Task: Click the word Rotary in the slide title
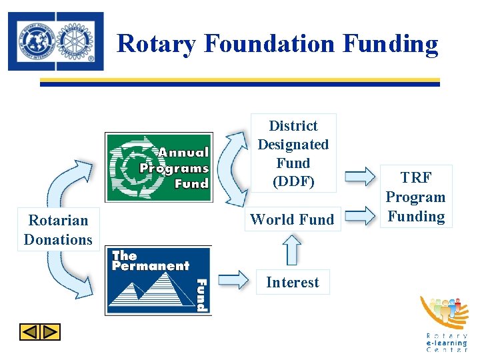click(x=157, y=44)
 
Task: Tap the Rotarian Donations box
click(x=58, y=229)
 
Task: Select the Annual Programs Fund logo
click(x=159, y=167)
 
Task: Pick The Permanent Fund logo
click(x=159, y=280)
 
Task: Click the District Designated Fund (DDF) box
click(x=293, y=153)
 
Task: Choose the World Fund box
click(x=293, y=219)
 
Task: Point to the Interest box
click(x=293, y=282)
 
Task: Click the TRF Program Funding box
click(x=415, y=197)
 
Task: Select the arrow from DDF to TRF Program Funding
click(x=361, y=177)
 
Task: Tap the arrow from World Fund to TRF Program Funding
click(x=361, y=215)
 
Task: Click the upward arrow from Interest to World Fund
click(x=291, y=251)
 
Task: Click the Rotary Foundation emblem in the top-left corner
click(x=56, y=41)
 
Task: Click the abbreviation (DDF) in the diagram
click(x=293, y=181)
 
